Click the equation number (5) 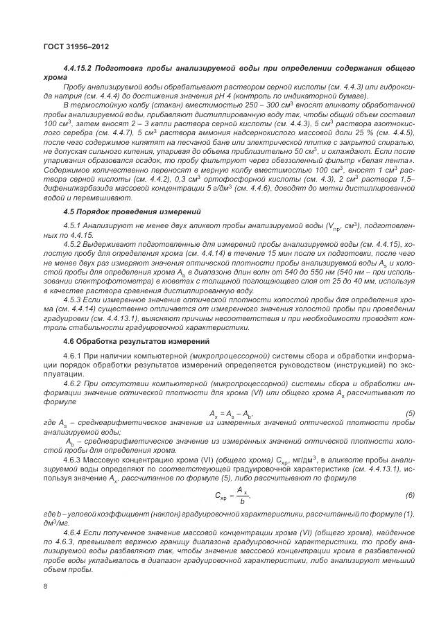pyautogui.click(x=410, y=414)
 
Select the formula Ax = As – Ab pyautogui.click(x=232, y=414)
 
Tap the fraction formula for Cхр pyautogui.click(x=234, y=476)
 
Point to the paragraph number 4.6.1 pyautogui.click(x=74, y=356)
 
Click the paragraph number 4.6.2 pyautogui.click(x=74, y=383)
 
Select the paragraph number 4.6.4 pyautogui.click(x=74, y=531)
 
